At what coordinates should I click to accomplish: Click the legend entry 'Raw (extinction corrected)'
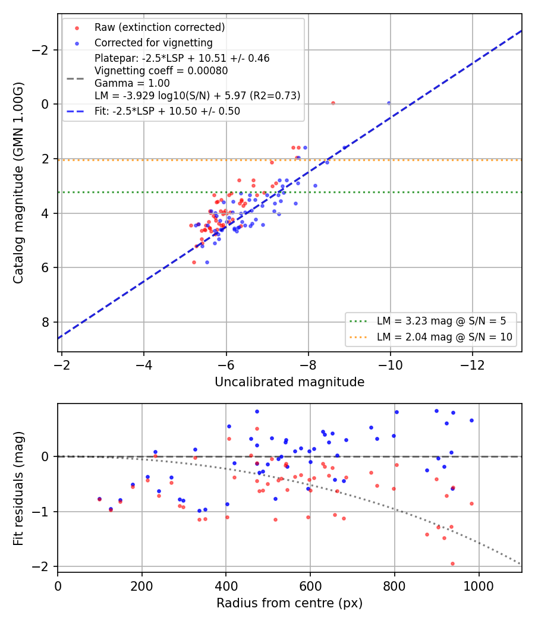[x=159, y=27]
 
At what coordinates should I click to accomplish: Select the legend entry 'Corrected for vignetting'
[x=153, y=43]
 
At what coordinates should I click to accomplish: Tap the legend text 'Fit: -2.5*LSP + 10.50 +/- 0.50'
[x=167, y=111]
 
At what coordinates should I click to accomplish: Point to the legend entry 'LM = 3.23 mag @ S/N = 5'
[x=442, y=321]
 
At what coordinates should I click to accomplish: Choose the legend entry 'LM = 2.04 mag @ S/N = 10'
[x=445, y=337]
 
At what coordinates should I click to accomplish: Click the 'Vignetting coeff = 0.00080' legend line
[x=161, y=71]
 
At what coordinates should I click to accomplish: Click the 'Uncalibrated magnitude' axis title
[x=289, y=382]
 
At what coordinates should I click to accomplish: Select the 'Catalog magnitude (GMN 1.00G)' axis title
[x=18, y=182]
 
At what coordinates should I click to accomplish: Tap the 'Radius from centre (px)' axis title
[x=289, y=603]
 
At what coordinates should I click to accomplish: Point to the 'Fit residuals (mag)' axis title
[x=18, y=489]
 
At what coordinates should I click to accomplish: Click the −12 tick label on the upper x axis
[x=473, y=365]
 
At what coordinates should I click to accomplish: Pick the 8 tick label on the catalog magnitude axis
[x=45, y=322]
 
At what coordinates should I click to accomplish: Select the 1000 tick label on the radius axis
[x=479, y=586]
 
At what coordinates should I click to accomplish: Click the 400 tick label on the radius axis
[x=226, y=586]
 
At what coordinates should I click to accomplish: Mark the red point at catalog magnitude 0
[x=333, y=103]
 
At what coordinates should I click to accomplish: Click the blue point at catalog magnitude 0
[x=389, y=103]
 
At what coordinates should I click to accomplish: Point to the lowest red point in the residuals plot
[x=452, y=563]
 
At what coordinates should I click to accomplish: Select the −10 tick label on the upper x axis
[x=390, y=365]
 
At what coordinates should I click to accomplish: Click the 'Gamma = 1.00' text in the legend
[x=132, y=83]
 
